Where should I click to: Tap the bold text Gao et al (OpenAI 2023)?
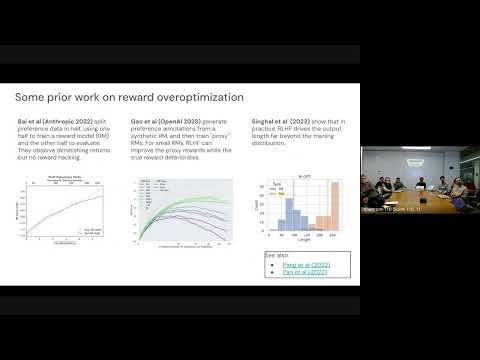(162, 120)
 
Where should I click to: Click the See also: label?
(275, 255)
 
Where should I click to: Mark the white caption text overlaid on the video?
(395, 208)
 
